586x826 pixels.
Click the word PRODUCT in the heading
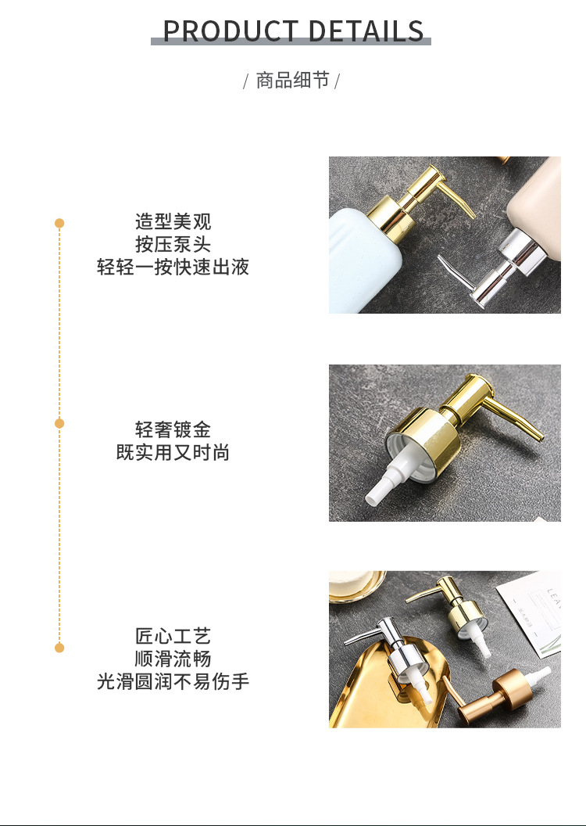tap(230, 31)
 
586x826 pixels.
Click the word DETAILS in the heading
tap(366, 31)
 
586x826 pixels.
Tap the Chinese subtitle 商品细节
tap(292, 81)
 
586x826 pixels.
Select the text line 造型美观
tap(173, 222)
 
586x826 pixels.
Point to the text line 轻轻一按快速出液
tap(173, 267)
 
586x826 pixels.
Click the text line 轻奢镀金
tap(173, 429)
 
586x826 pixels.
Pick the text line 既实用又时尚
tap(173, 453)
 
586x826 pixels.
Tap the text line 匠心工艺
tap(173, 636)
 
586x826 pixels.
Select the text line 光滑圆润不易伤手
tap(173, 681)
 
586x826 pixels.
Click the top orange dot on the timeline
tap(59, 224)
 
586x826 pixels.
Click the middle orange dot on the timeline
tap(59, 423)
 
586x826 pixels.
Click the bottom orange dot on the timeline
tap(59, 648)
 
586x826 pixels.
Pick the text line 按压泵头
tap(173, 244)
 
